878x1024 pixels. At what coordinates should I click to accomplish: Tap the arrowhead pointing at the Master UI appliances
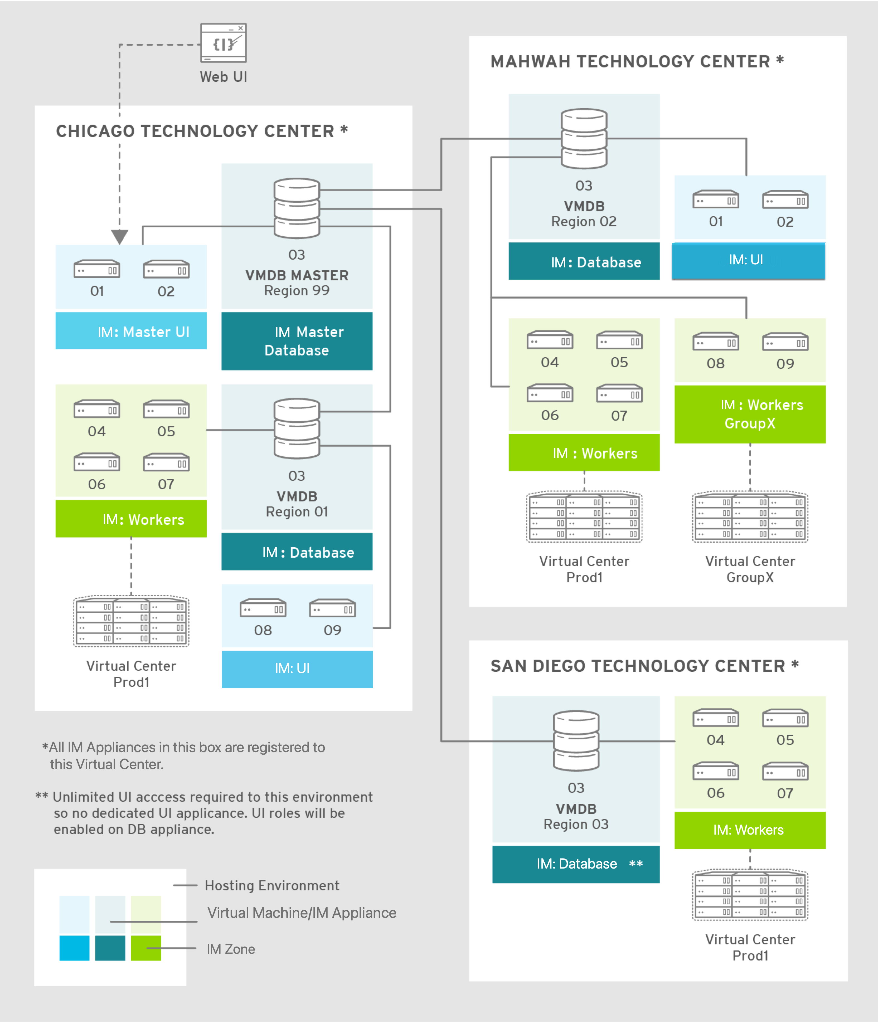(120, 236)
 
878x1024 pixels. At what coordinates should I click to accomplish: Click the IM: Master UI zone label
(143, 331)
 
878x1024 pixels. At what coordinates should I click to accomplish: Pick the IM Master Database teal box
(297, 341)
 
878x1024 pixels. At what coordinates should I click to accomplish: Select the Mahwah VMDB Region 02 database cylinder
(584, 138)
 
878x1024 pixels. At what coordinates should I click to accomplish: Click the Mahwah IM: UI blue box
(748, 260)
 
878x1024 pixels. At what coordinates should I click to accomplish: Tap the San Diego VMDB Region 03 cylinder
(576, 740)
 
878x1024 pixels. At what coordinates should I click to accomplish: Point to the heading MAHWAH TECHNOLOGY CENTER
(630, 62)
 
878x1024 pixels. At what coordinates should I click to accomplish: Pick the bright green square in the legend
(146, 948)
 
